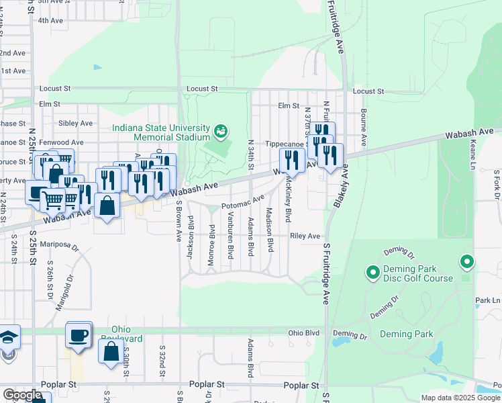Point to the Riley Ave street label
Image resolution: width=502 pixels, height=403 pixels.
tap(305, 236)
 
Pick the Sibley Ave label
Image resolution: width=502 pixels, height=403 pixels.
tap(75, 124)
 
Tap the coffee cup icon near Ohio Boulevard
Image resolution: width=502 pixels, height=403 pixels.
tap(79, 334)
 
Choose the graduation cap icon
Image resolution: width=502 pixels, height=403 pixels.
tap(7, 336)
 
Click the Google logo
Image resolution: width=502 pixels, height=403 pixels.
tap(22, 395)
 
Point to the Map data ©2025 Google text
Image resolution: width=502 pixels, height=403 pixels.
tap(460, 398)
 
